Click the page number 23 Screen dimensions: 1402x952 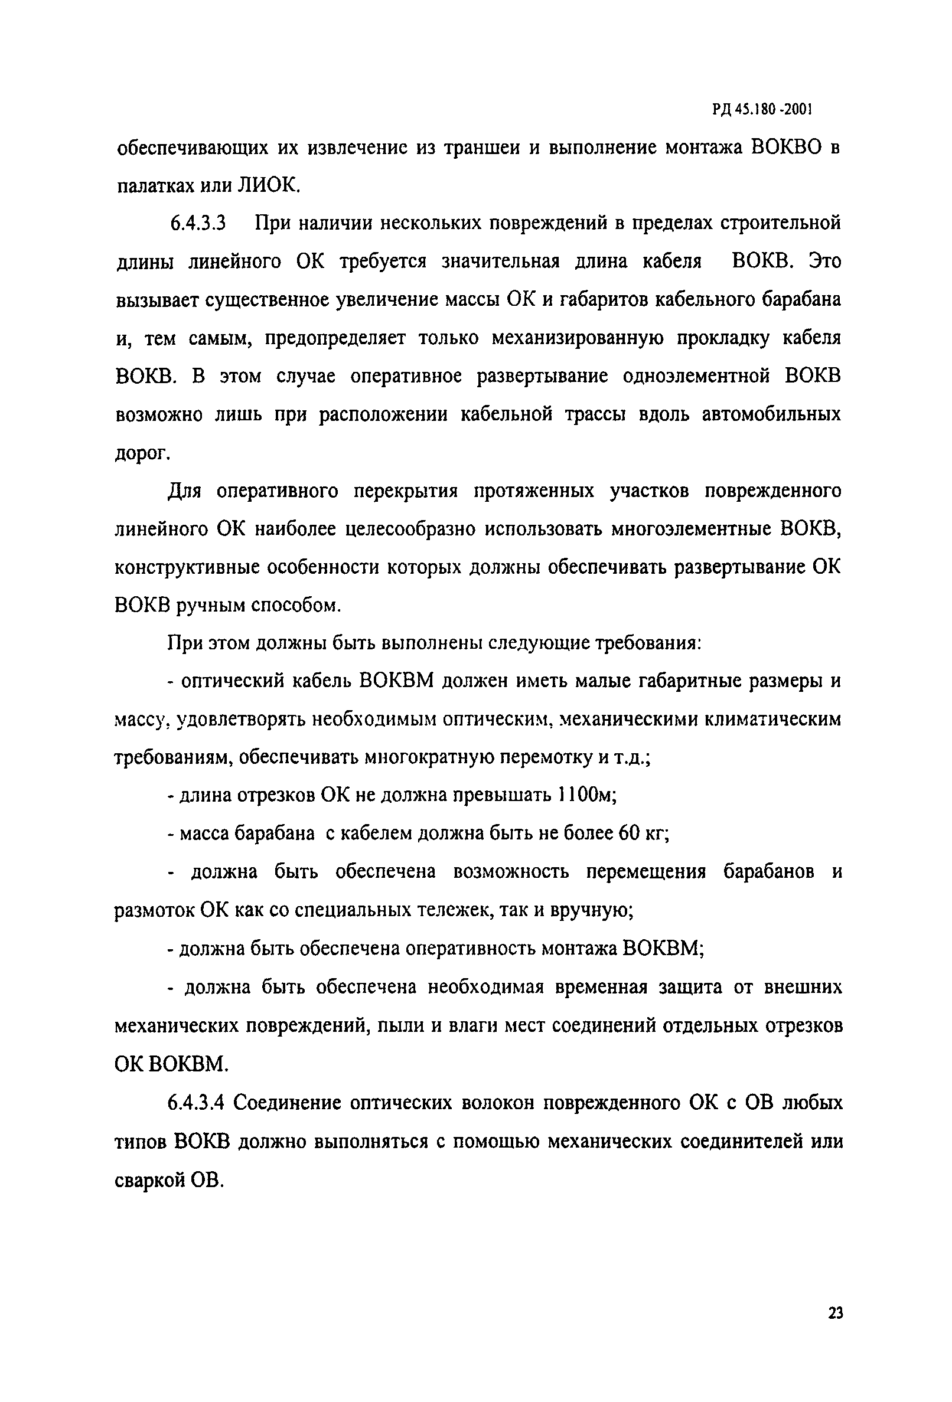pyautogui.click(x=836, y=1313)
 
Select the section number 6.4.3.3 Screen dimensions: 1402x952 pyautogui.click(x=197, y=224)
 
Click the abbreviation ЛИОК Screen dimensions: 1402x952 pyautogui.click(x=269, y=186)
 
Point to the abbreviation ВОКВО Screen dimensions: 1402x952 pyautogui.click(x=787, y=148)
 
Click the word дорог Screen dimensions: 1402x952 pyautogui.click(x=142, y=454)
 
